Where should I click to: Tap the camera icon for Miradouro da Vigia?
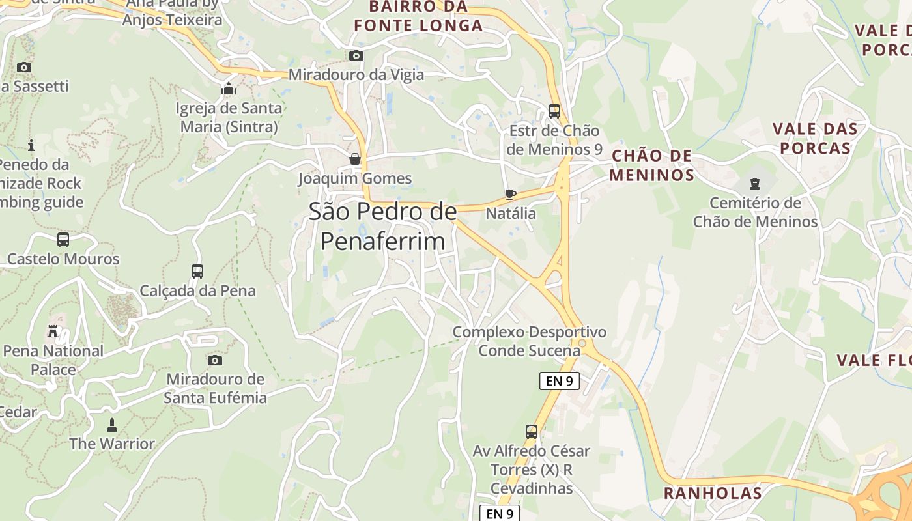click(356, 55)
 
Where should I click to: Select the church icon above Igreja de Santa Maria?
click(229, 89)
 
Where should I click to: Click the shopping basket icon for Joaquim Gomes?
click(355, 159)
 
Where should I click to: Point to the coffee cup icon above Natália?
click(511, 194)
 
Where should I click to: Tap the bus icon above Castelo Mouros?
click(63, 240)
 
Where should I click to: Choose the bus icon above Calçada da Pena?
click(197, 271)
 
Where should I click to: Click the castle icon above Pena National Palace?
click(53, 331)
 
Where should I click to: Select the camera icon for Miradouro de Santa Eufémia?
click(214, 360)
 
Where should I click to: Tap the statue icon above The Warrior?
click(112, 425)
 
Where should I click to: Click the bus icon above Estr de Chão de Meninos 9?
click(554, 111)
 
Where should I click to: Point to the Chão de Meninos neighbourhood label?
click(653, 165)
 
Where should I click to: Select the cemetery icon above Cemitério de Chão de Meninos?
click(755, 184)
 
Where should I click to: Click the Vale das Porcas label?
click(815, 138)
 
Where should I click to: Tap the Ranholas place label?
click(713, 493)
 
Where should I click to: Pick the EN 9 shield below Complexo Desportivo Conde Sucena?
click(559, 381)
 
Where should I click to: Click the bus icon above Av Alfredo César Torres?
click(532, 431)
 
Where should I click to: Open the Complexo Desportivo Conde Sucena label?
click(530, 341)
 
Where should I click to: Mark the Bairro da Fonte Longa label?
click(418, 16)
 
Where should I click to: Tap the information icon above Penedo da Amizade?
click(31, 145)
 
